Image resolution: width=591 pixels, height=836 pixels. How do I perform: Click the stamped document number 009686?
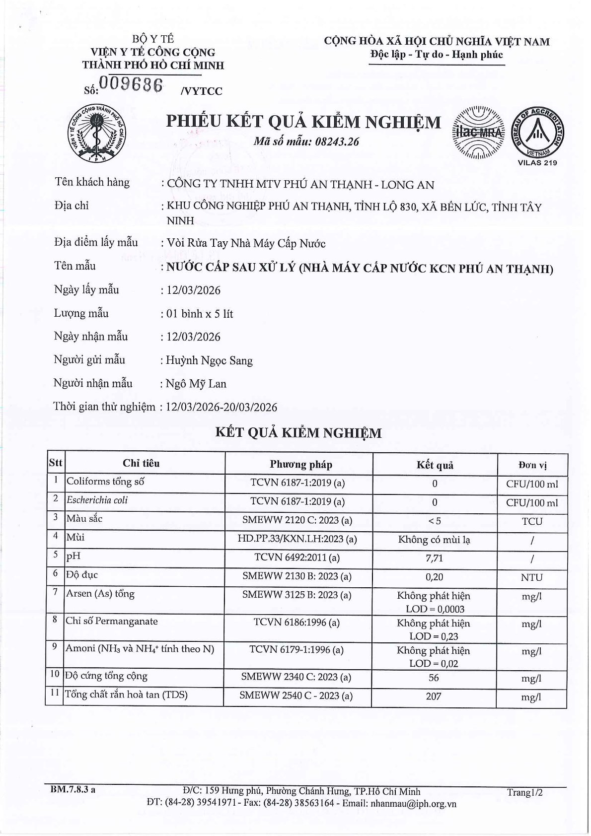click(x=131, y=85)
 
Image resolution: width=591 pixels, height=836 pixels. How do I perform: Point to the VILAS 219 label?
click(x=537, y=163)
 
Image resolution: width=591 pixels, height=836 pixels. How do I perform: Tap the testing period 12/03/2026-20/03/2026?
click(x=222, y=408)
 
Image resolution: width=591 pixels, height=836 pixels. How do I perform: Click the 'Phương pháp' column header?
click(x=301, y=465)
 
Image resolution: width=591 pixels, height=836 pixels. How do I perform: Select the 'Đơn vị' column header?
click(x=532, y=465)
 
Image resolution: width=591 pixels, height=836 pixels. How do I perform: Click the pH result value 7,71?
click(x=434, y=558)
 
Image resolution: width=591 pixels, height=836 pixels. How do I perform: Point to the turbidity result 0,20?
click(x=434, y=577)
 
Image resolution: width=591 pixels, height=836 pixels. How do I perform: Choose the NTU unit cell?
click(x=531, y=577)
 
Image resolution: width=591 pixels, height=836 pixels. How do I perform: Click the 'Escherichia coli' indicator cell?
click(x=97, y=500)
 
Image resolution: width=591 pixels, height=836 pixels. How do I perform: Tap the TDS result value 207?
click(x=434, y=697)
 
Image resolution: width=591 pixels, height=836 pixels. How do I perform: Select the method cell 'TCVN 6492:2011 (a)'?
click(x=297, y=557)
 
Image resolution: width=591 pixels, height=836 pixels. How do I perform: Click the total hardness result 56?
click(x=434, y=678)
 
